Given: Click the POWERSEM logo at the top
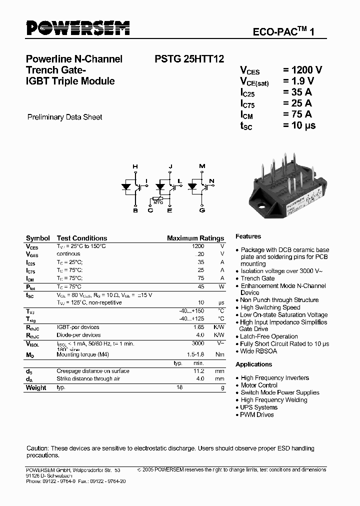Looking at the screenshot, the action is (x=77, y=28).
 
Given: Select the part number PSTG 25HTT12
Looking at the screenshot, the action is (x=185, y=59).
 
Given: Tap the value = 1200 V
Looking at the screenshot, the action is (x=302, y=70).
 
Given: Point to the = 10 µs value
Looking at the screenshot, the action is (x=299, y=125).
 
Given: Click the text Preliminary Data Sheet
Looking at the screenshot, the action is (x=64, y=117).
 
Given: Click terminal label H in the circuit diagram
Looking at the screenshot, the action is (x=134, y=166).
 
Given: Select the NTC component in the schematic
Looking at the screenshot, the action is (x=157, y=201).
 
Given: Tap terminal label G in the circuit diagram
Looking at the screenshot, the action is (x=202, y=210).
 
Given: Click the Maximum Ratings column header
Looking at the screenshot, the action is (x=195, y=238).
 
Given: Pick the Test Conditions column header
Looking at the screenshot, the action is (x=82, y=238).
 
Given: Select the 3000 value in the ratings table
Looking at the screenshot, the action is (x=198, y=344).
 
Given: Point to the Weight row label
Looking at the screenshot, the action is (x=36, y=387).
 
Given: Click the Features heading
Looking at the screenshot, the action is (x=248, y=236).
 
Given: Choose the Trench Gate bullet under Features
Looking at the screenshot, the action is (x=257, y=278).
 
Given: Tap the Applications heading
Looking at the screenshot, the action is (x=253, y=364).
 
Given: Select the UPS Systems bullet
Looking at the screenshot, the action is (x=259, y=407).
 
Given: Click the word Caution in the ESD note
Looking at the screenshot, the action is (x=37, y=448).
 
